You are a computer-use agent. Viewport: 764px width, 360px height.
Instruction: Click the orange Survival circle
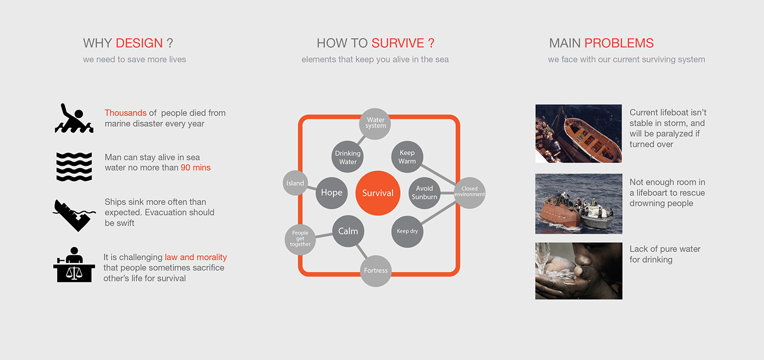tap(378, 193)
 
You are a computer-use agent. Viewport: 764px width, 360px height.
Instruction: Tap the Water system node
tap(375, 123)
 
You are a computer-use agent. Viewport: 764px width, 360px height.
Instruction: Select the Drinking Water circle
tap(348, 157)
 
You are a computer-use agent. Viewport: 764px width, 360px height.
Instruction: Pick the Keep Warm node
tap(407, 157)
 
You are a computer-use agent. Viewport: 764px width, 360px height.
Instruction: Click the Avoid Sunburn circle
tap(425, 193)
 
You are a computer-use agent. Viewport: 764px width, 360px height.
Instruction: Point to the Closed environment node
tap(469, 192)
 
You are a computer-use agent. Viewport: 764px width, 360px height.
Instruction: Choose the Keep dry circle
tap(407, 231)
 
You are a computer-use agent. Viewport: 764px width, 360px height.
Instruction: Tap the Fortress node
tap(375, 271)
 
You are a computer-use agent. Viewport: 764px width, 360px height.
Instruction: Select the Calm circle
tap(348, 231)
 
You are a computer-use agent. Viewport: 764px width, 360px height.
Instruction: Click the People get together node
tap(300, 239)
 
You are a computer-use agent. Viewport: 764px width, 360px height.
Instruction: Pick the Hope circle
tap(331, 193)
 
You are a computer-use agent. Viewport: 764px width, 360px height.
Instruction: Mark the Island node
tap(295, 183)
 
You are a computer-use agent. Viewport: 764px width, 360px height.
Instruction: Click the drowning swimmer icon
tap(74, 118)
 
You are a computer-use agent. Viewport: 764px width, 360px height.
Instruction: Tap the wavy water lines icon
tap(74, 166)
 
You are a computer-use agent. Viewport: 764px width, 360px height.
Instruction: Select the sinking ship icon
tap(74, 214)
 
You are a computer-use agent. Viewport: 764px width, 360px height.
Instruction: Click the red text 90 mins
tap(195, 167)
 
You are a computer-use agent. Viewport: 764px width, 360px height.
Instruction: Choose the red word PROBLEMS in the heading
tap(619, 43)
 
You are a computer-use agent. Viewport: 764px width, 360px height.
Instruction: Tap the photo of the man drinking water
tap(578, 271)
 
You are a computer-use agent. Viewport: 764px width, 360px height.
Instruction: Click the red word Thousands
tap(126, 113)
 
